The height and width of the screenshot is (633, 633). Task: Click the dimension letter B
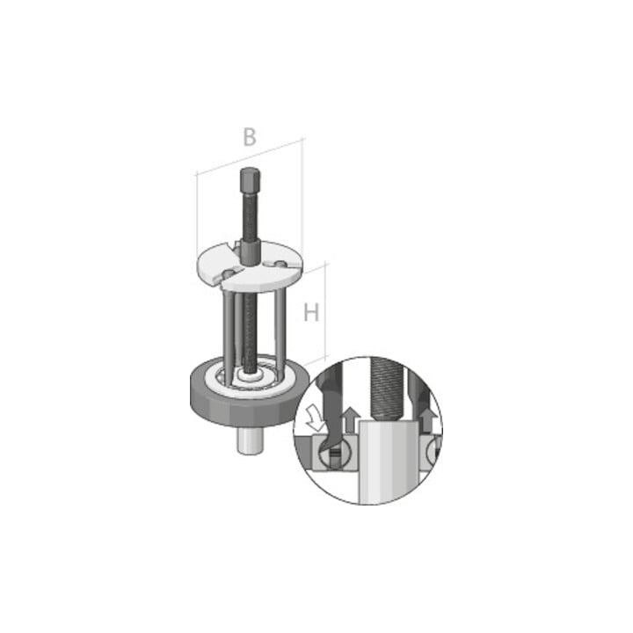250,137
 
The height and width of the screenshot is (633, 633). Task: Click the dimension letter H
311,312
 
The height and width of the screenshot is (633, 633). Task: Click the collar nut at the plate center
251,252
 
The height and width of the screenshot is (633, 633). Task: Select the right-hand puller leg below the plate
280,328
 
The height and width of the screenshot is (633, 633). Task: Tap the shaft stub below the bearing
251,440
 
